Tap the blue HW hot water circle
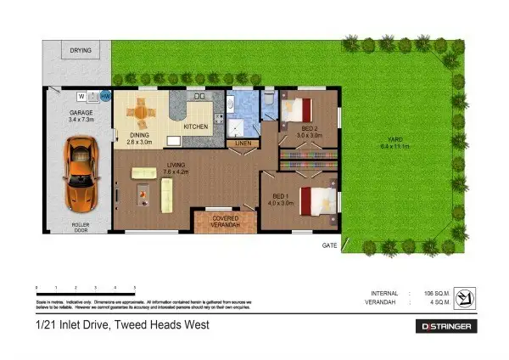[x=104, y=97]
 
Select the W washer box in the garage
[x=82, y=97]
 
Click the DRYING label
[x=81, y=50]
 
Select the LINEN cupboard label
[x=243, y=144]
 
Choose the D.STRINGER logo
[x=448, y=326]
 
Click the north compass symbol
[x=463, y=296]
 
